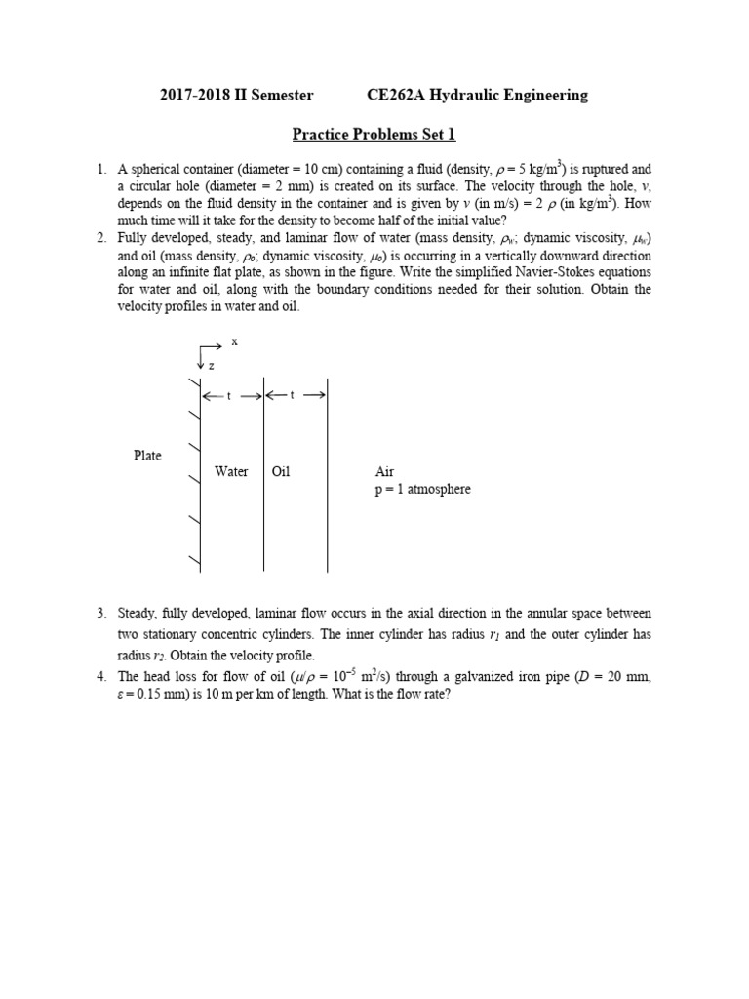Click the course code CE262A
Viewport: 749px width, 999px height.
pos(396,95)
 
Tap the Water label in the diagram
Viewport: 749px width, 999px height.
pos(231,472)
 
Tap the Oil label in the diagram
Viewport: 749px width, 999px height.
pos(281,472)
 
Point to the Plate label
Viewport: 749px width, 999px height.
pos(148,456)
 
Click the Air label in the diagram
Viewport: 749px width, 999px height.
pos(384,472)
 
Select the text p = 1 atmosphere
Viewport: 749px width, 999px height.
pos(422,489)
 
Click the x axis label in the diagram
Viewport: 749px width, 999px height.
pos(234,342)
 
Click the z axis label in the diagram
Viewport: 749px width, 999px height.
pos(211,365)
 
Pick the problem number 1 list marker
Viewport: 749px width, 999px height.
pos(101,169)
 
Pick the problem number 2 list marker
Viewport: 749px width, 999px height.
pos(101,237)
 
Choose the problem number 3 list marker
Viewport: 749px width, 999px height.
pos(101,613)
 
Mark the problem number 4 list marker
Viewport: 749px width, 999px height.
pos(101,676)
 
